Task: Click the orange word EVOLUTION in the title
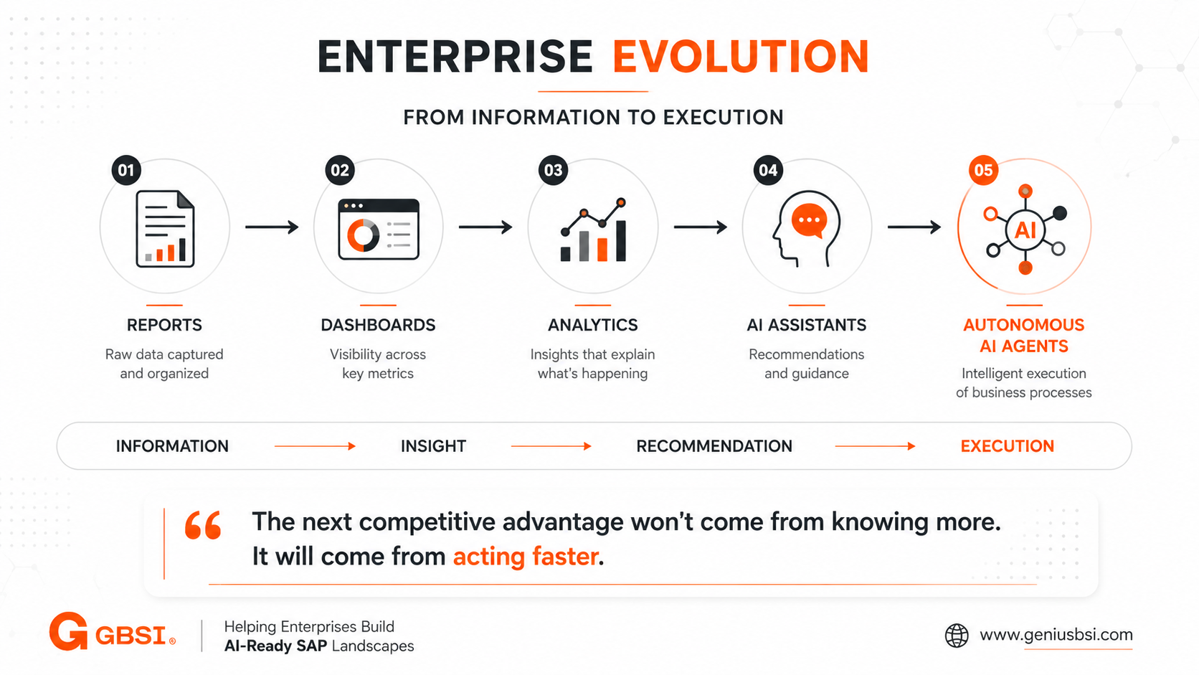pyautogui.click(x=740, y=56)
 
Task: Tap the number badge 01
pyautogui.click(x=126, y=170)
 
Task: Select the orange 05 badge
pyautogui.click(x=983, y=170)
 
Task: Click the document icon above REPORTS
pyautogui.click(x=165, y=229)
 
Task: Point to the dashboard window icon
pyautogui.click(x=379, y=229)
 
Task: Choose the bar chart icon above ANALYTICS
pyautogui.click(x=593, y=230)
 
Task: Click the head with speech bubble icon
pyautogui.click(x=806, y=229)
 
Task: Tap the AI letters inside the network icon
pyautogui.click(x=1025, y=230)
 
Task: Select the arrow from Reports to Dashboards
pyautogui.click(x=272, y=227)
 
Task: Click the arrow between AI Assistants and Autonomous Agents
pyautogui.click(x=914, y=227)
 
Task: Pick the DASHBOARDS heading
pyautogui.click(x=378, y=325)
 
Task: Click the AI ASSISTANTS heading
pyautogui.click(x=807, y=325)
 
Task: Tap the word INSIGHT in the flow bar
pyautogui.click(x=434, y=446)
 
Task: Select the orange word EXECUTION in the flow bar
pyautogui.click(x=1008, y=446)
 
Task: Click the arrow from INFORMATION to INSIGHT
pyautogui.click(x=315, y=446)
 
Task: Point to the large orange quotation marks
pyautogui.click(x=203, y=524)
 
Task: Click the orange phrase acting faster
pyautogui.click(x=526, y=557)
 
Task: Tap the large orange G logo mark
pyautogui.click(x=69, y=632)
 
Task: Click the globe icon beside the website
pyautogui.click(x=957, y=636)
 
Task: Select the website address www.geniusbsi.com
pyautogui.click(x=1056, y=635)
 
